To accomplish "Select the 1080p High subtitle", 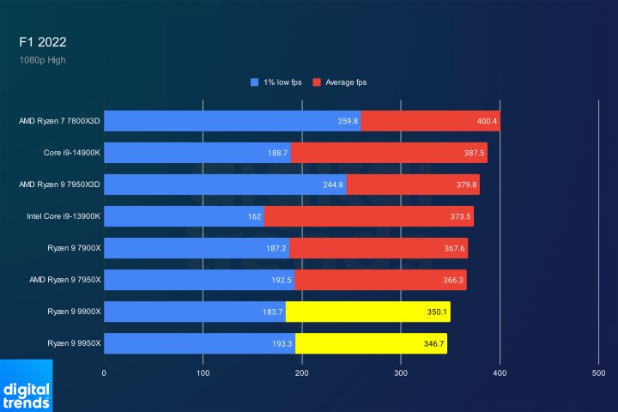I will (42, 60).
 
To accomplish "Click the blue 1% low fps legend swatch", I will (254, 82).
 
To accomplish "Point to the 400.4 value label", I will (487, 121).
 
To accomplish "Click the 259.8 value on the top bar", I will (348, 121).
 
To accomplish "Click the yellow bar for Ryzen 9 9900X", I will (367, 312).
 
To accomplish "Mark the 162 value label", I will (254, 216).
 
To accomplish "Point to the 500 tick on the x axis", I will (598, 373).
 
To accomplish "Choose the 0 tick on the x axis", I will (104, 373).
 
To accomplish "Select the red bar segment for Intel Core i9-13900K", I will (368, 216).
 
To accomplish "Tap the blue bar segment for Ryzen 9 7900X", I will (197, 248).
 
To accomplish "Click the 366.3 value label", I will (454, 280).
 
